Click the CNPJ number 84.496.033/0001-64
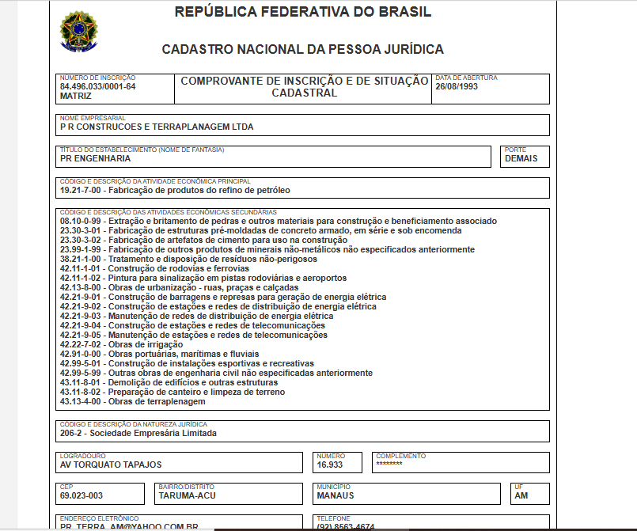point(97,86)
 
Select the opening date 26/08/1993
point(457,86)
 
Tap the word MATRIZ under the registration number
point(76,96)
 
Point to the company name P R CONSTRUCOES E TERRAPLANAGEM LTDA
point(157,127)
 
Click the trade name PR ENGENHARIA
point(96,158)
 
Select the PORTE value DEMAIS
point(521,158)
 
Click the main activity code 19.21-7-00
point(82,191)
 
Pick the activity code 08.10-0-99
point(82,221)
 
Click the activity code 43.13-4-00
point(82,401)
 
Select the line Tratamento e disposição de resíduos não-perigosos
point(188,259)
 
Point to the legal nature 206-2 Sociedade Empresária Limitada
point(138,433)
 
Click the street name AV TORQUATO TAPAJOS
point(111,465)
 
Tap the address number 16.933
point(330,465)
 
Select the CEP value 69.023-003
point(82,496)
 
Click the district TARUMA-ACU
point(187,496)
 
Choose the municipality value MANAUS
point(336,496)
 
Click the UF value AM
point(521,496)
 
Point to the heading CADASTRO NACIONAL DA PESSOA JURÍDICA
point(302,49)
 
